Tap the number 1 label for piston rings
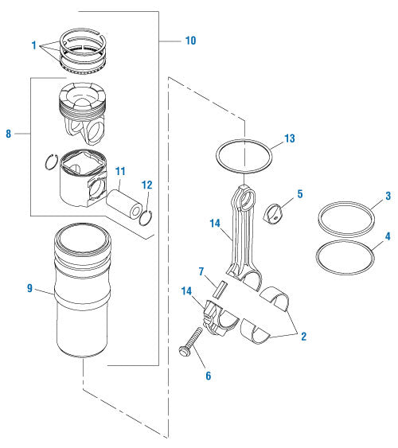[34, 46]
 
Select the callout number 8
[9, 134]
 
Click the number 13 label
[290, 138]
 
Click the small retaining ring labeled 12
[144, 217]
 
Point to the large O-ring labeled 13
[244, 156]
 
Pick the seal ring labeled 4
[346, 255]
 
